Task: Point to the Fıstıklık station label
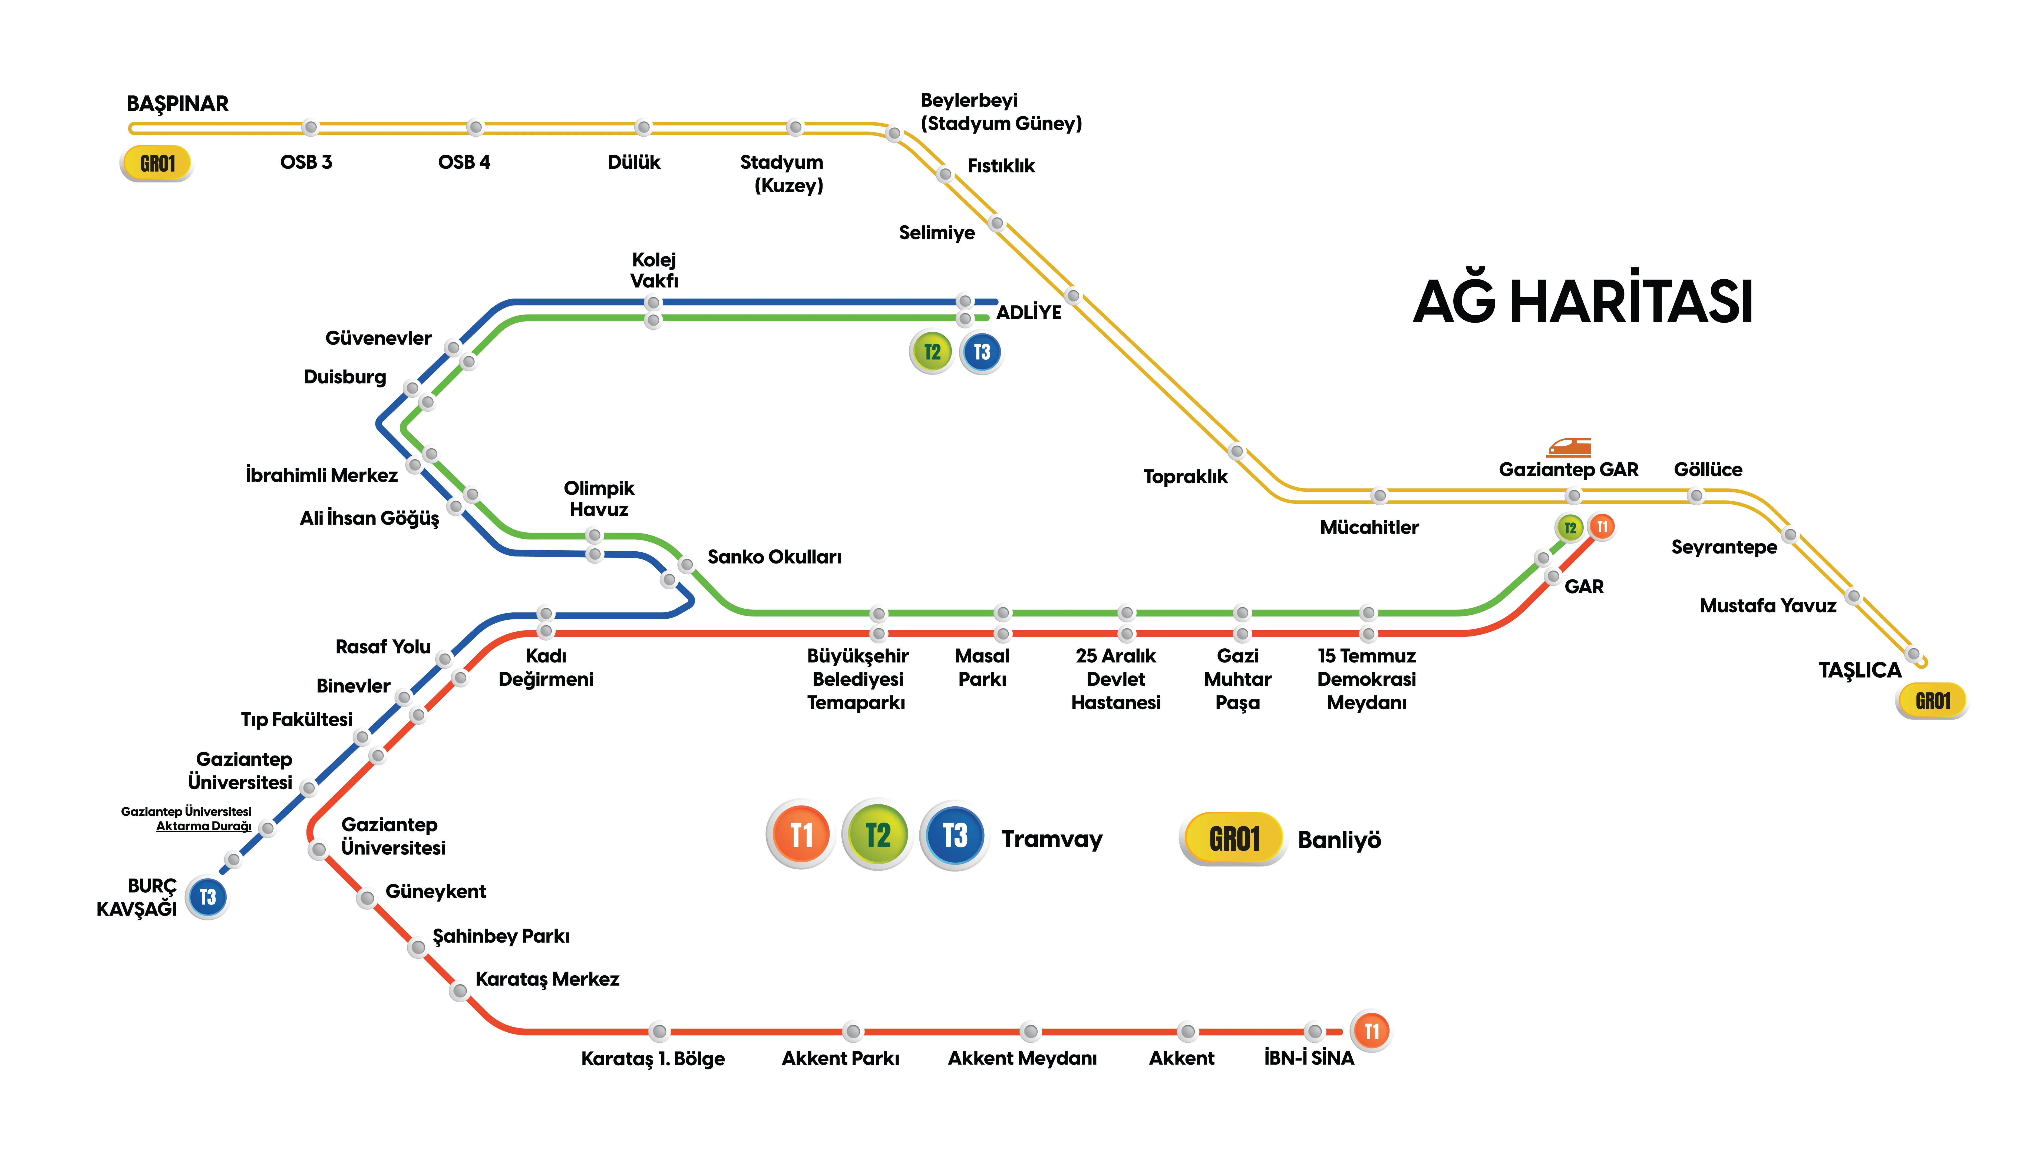pyautogui.click(x=1001, y=166)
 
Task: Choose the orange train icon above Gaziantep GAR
pyautogui.click(x=1569, y=447)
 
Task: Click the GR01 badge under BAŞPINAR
pyautogui.click(x=157, y=164)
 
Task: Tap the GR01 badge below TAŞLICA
pyautogui.click(x=1932, y=701)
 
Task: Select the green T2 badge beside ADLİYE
pyautogui.click(x=932, y=352)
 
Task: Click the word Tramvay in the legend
pyautogui.click(x=1051, y=839)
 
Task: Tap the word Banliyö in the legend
pyautogui.click(x=1339, y=840)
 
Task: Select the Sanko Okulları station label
pyautogui.click(x=774, y=557)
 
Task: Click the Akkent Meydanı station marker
pyautogui.click(x=1030, y=1031)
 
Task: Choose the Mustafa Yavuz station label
pyautogui.click(x=1768, y=606)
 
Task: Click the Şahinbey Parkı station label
pyautogui.click(x=501, y=936)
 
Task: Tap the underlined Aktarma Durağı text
pyautogui.click(x=203, y=826)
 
